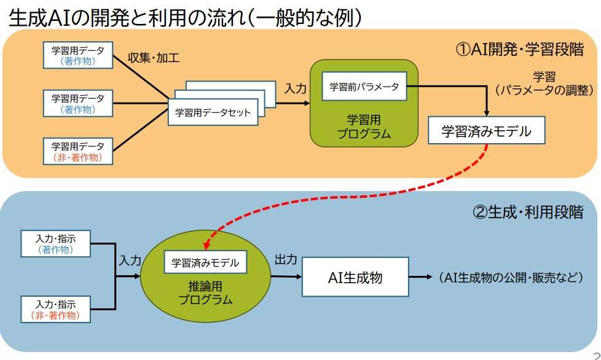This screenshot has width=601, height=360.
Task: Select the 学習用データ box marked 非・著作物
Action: pyautogui.click(x=78, y=152)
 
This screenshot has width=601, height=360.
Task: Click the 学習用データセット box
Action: pyautogui.click(x=213, y=112)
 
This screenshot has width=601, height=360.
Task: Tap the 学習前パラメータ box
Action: pyautogui.click(x=364, y=87)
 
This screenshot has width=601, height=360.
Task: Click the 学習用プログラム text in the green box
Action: pyautogui.click(x=364, y=127)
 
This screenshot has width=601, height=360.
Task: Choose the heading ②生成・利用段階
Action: pyautogui.click(x=527, y=213)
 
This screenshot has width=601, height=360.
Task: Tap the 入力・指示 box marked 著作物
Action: pyautogui.click(x=56, y=243)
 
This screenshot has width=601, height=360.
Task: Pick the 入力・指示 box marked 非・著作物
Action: pyautogui.click(x=56, y=309)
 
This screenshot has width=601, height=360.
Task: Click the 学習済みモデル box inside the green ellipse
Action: pyautogui.click(x=205, y=262)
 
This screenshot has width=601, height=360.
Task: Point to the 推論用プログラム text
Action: pyautogui.click(x=205, y=293)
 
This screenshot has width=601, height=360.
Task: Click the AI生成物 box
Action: pyautogui.click(x=355, y=277)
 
